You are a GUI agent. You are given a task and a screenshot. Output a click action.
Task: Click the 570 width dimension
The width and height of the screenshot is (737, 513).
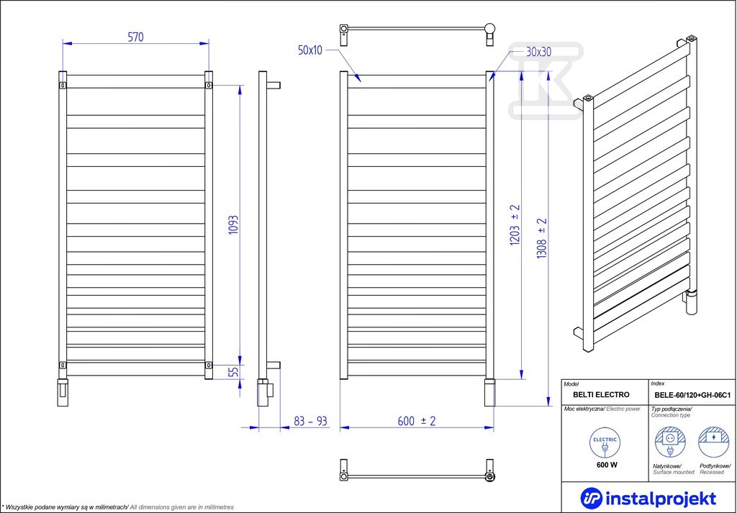coord(135,37)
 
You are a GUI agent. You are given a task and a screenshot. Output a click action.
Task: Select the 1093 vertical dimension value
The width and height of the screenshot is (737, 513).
coord(234,225)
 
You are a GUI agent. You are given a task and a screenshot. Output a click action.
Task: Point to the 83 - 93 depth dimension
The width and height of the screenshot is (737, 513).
coord(310,420)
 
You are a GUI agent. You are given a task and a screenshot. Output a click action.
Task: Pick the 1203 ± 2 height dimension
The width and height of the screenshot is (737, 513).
coord(515,225)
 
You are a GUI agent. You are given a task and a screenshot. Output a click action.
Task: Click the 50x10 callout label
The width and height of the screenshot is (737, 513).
coord(310,50)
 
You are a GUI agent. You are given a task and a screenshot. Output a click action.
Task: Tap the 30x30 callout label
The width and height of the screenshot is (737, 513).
coord(538,52)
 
